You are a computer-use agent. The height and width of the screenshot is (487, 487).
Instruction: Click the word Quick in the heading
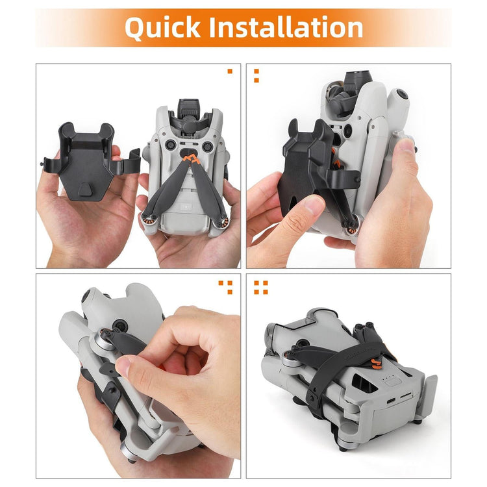[x=163, y=27]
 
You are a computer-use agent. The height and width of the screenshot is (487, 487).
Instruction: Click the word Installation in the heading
[x=286, y=27]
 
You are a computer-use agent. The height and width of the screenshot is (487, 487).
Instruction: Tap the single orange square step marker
[x=230, y=71]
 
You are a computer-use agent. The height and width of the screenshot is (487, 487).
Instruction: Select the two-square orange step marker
[x=256, y=76]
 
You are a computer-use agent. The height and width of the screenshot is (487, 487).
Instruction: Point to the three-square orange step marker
[x=225, y=287]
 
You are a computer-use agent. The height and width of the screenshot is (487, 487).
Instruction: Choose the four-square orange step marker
[x=261, y=287]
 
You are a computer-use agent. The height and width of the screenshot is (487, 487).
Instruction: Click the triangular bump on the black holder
[x=85, y=189]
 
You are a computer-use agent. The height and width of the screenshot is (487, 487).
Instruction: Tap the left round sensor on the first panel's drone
[x=171, y=145]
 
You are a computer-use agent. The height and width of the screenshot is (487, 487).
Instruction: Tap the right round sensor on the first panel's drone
[x=208, y=146]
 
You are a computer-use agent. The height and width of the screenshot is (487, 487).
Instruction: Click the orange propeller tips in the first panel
[x=191, y=159]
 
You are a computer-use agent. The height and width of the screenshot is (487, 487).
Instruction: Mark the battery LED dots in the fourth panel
[x=385, y=379]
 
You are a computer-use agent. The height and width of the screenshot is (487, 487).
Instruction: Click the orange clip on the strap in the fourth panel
[x=377, y=364]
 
